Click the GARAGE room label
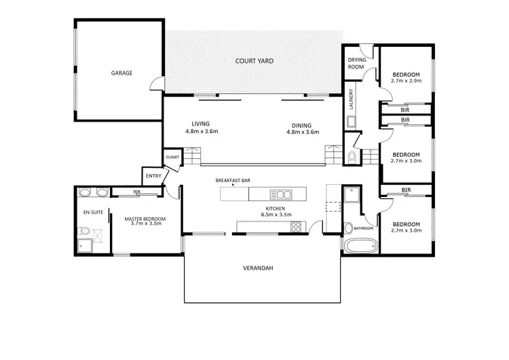tap(122, 73)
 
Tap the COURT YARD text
tap(254, 61)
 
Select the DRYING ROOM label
tap(357, 64)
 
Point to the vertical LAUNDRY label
tap(351, 100)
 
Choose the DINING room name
tap(301, 126)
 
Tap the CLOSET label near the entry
tap(172, 157)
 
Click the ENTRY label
tap(153, 177)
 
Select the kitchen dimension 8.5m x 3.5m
tap(276, 215)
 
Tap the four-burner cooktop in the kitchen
tap(296, 228)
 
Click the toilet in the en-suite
tap(83, 233)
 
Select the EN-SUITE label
tap(92, 213)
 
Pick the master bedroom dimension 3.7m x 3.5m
tap(143, 223)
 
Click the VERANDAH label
tap(258, 268)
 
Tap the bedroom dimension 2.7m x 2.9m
tap(406, 81)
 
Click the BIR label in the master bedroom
tap(136, 192)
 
